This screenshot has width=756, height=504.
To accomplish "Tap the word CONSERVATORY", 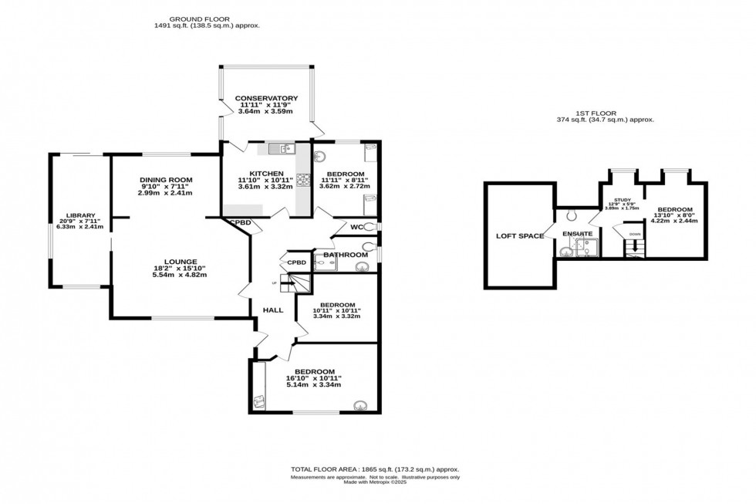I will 266,98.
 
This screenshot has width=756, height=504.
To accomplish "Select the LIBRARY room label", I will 80,215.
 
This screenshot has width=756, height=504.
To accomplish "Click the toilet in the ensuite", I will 572,215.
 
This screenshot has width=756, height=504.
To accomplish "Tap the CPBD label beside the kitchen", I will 238,224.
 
